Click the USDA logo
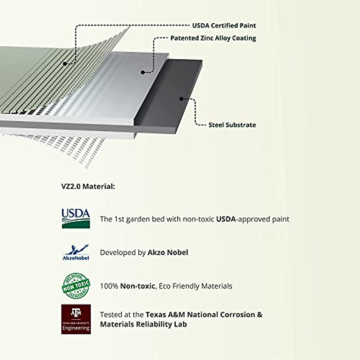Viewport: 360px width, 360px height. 76,218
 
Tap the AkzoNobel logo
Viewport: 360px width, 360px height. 76,252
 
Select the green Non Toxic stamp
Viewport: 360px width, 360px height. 76,286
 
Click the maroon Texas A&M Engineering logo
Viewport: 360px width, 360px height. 76,319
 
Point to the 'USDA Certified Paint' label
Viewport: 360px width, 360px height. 224,25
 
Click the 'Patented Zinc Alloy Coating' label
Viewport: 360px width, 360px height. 213,38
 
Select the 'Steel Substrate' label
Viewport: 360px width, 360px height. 232,125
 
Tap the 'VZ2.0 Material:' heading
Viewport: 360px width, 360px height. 88,186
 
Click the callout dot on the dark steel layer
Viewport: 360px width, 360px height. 181,98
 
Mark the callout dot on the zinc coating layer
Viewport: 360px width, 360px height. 143,72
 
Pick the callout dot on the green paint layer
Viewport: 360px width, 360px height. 64,64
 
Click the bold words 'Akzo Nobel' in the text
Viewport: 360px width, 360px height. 168,253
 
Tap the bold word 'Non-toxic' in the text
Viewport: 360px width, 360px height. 137,286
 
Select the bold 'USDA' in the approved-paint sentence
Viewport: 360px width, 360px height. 225,219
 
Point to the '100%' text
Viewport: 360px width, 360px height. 109,286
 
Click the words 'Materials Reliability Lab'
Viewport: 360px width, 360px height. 143,324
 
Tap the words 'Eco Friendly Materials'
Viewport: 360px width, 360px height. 195,286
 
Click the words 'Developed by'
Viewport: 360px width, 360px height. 123,253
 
